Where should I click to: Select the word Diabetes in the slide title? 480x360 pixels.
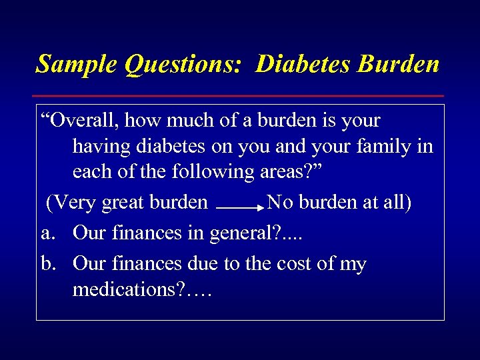point(303,64)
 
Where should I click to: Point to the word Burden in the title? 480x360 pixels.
point(399,64)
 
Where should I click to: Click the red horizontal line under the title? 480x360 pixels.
point(240,96)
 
